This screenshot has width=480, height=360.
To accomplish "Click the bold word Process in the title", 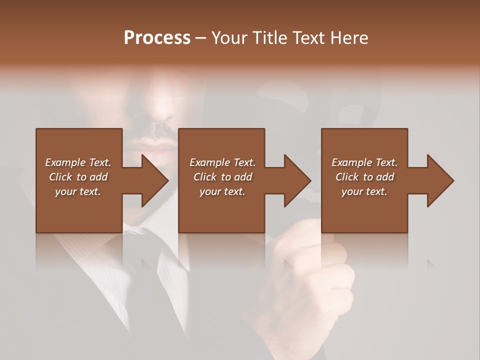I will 157,38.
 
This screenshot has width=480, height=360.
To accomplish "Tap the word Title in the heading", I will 268,38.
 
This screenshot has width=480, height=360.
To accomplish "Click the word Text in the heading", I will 307,38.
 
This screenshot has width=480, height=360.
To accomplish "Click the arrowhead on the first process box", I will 153,180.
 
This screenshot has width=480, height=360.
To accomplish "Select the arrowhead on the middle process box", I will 296,180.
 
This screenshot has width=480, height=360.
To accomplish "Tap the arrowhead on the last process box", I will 439,180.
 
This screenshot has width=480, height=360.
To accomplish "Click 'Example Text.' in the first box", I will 78,162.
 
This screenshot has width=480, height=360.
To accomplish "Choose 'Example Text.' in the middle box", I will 222,162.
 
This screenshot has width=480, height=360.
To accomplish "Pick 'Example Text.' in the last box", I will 364,162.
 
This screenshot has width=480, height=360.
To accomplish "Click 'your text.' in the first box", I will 78,191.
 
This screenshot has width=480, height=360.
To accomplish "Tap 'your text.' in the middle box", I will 222,191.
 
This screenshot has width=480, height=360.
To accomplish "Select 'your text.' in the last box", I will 364,191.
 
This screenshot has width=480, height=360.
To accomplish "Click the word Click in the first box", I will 61,177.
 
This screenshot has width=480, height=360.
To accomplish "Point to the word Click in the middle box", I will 205,177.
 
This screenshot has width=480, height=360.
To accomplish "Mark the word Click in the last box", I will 347,177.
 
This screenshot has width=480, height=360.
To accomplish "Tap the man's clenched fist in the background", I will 310,280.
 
